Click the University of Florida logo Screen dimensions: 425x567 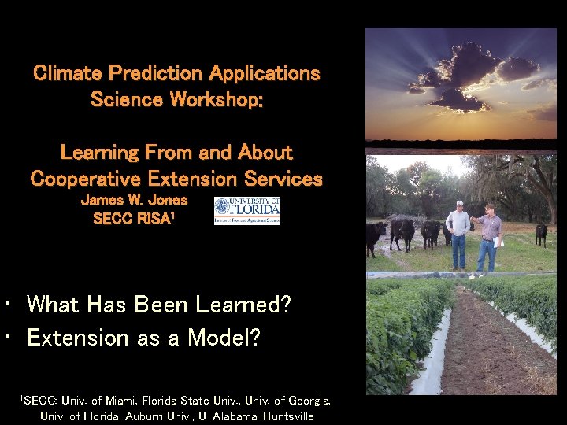(x=247, y=211)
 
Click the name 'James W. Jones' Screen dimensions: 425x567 (x=134, y=200)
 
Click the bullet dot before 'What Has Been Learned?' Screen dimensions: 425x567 (x=7, y=304)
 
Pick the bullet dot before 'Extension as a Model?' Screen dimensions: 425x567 (x=7, y=338)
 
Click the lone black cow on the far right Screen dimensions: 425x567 (x=541, y=235)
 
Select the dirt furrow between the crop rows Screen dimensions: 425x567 (x=488, y=346)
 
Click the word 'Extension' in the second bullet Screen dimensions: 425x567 (x=77, y=338)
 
